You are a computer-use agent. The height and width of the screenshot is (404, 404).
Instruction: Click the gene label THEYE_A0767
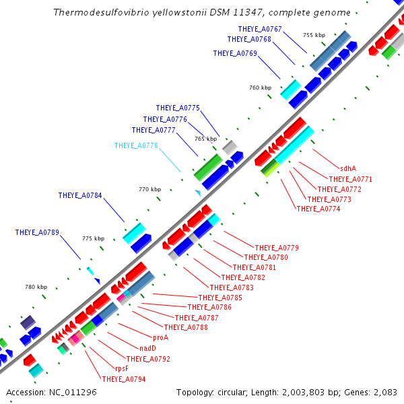[260, 29]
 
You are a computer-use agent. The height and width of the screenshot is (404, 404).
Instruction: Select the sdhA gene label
[348, 169]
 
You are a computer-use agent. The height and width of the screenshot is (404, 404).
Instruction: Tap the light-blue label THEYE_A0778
[136, 145]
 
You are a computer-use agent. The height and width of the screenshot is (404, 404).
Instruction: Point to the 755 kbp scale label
[314, 35]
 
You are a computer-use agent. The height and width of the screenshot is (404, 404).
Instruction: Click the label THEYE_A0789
[37, 233]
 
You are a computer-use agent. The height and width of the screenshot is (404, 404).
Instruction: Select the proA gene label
[160, 337]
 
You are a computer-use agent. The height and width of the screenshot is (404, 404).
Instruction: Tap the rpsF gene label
[122, 369]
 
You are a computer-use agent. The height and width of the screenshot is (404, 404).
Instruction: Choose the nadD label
[147, 348]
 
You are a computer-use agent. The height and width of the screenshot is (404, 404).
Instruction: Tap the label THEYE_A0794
[124, 379]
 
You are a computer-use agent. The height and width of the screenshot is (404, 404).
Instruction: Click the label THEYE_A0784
[80, 196]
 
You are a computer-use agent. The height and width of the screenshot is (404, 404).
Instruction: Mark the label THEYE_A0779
[277, 248]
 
